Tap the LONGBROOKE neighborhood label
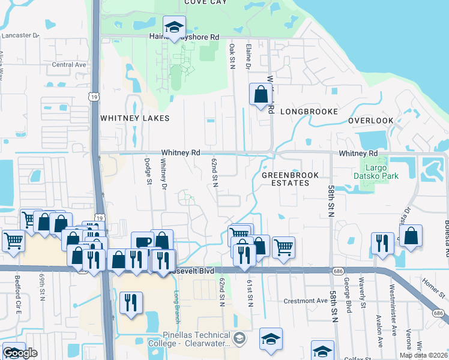tap(309, 112)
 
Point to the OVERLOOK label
tap(370, 121)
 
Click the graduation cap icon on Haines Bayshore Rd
tap(174, 27)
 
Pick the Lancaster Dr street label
tap(19, 35)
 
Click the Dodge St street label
tap(146, 172)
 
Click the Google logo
tap(19, 353)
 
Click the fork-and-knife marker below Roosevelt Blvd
tap(131, 302)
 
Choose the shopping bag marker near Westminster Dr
tap(411, 236)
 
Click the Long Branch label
tap(176, 304)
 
